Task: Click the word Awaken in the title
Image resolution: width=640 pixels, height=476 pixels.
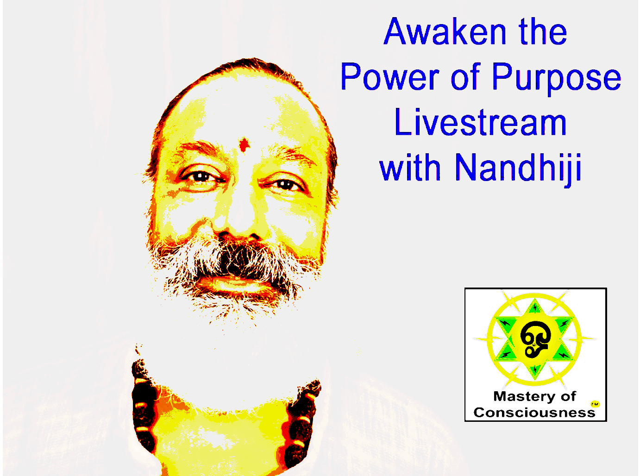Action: [x=445, y=31]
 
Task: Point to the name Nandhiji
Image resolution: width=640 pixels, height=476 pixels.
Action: [x=518, y=168]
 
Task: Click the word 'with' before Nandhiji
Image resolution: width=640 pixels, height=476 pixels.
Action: [x=410, y=167]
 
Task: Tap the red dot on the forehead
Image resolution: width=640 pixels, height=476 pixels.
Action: [x=244, y=144]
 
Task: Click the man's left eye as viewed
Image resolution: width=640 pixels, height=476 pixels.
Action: [x=201, y=176]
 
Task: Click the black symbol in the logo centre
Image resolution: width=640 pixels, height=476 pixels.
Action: [x=535, y=339]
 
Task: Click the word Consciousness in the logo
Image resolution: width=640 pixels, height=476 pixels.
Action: [x=534, y=413]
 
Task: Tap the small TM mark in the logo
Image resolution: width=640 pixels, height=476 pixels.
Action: [x=595, y=404]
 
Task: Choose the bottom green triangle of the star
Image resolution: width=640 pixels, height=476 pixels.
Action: [x=535, y=370]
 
